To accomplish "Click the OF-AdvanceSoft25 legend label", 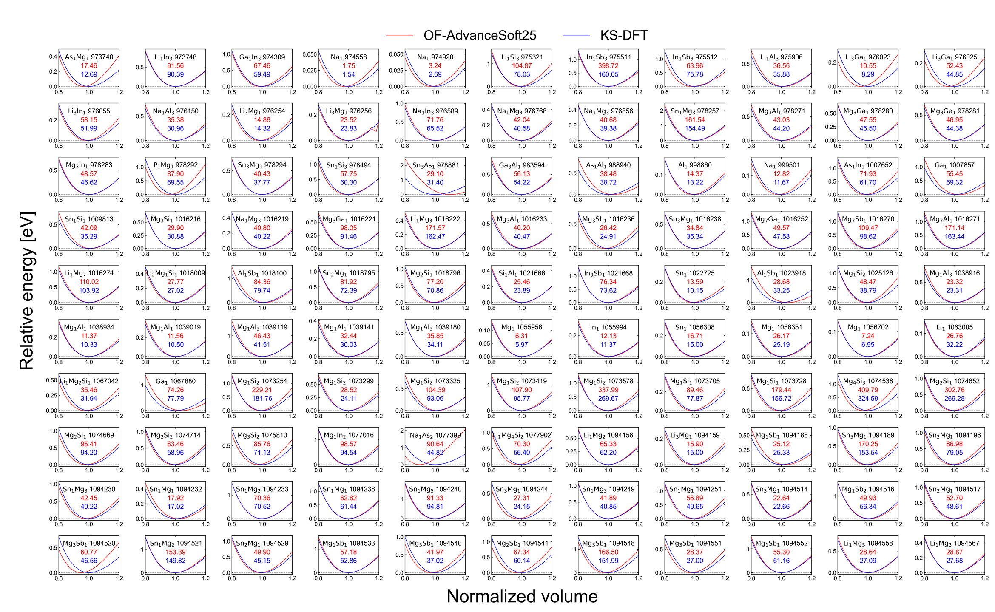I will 480,35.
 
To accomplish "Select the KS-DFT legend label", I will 624,35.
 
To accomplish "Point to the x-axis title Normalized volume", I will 522,596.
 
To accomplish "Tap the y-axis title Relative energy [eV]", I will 27,291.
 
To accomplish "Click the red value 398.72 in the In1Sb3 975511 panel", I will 608,66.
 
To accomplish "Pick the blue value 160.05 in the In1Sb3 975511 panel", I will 608,74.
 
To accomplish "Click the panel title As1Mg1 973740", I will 89,57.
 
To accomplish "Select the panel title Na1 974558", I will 348,57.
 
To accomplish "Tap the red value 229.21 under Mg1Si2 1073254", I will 262,390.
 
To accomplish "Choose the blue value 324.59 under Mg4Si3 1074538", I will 868,399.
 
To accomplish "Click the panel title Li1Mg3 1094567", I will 954,543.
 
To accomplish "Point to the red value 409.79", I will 868,390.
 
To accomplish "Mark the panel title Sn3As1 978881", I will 435,165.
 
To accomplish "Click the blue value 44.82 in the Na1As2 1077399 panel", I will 435,453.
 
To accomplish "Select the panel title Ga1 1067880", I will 175,381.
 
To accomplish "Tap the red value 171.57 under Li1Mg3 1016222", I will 435,228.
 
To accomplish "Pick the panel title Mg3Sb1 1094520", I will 89,543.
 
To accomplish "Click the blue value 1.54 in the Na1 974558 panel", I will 348,74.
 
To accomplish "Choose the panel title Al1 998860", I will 695,165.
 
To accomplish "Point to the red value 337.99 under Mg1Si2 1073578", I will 608,390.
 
